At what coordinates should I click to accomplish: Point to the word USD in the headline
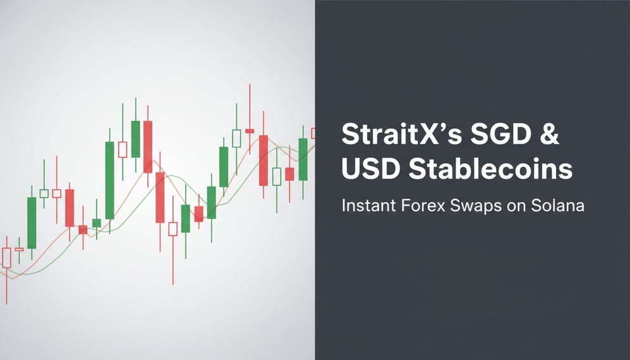coord(370,169)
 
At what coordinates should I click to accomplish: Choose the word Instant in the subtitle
coord(364,206)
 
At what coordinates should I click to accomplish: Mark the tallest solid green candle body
coord(110,180)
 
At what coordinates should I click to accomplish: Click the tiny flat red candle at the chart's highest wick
coord(250,131)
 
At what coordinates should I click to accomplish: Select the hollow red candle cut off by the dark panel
coord(313,133)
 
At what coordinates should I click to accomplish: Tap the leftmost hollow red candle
coord(7,257)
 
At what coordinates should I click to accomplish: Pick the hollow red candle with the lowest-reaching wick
coord(173,228)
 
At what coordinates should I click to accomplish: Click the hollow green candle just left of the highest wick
coord(237,138)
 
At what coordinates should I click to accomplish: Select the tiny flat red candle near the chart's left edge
coord(19,249)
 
